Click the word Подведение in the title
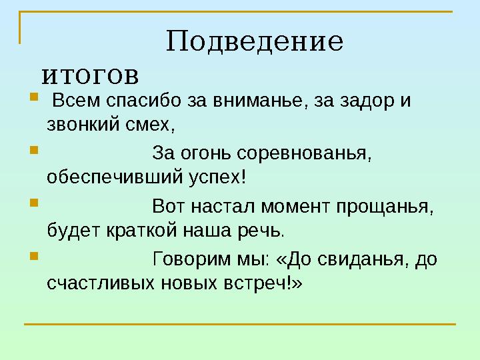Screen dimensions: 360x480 [x=255, y=42]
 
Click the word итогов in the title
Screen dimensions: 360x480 [x=90, y=75]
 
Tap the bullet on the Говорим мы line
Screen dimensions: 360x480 [x=34, y=256]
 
